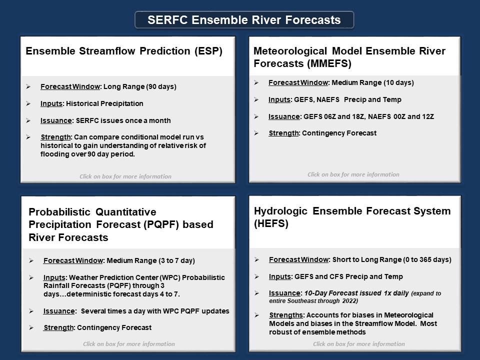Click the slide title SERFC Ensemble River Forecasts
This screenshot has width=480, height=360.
pyautogui.click(x=244, y=20)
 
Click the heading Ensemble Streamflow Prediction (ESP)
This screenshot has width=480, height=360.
pyautogui.click(x=124, y=51)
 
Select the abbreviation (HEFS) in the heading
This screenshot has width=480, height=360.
pyautogui.click(x=271, y=223)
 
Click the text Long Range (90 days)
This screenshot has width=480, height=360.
pyautogui.click(x=140, y=86)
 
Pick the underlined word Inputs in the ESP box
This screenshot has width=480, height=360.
pyautogui.click(x=51, y=104)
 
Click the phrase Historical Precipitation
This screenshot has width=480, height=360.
pyautogui.click(x=104, y=104)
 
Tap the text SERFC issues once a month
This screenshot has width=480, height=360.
pyautogui.click(x=123, y=120)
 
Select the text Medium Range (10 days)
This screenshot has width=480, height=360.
pyautogui.click(x=373, y=82)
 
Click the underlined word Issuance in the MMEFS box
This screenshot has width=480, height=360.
pyautogui.click(x=284, y=116)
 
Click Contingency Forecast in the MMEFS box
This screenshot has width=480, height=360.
pyautogui.click(x=339, y=133)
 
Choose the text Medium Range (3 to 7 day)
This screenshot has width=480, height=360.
pyautogui.click(x=150, y=260)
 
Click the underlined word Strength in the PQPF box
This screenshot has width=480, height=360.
pyautogui.click(x=58, y=327)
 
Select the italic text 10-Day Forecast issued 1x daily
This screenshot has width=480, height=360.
pyautogui.click(x=356, y=293)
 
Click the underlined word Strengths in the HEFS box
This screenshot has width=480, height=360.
pyautogui.click(x=286, y=315)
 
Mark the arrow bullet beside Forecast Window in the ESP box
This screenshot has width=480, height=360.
pyautogui.click(x=28, y=86)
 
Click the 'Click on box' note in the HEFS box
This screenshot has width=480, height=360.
pyautogui.click(x=359, y=344)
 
